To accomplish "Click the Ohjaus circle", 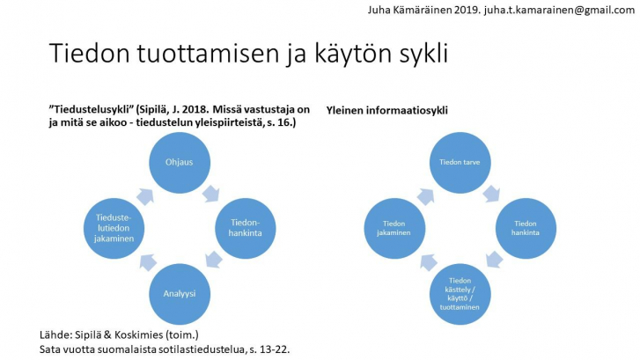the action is tap(180, 163).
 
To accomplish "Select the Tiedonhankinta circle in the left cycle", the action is tap(246, 228).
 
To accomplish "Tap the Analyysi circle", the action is tap(180, 294).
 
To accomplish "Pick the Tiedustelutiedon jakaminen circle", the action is tap(114, 228).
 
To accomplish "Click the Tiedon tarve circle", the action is tap(460, 163).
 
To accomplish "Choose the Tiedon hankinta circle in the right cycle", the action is tap(526, 228).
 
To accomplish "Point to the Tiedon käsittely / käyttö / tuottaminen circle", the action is tap(460, 294).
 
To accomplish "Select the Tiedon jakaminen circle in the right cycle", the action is tap(394, 228).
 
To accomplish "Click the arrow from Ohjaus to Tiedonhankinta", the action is tap(211, 194).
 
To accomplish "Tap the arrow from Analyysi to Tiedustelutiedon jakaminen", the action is tap(148, 262).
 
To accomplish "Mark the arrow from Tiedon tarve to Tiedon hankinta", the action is tap(491, 194).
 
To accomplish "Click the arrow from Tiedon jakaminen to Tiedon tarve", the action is tap(425, 196).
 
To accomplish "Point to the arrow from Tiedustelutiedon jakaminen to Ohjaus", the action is tap(145, 196).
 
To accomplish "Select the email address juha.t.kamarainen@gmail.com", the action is tap(560, 11).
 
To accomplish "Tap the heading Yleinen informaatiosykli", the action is tap(387, 110).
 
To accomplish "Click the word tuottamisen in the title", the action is tap(207, 54).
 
